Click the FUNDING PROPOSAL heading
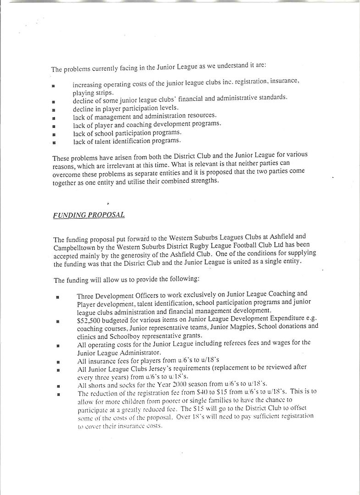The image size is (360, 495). (x=89, y=214)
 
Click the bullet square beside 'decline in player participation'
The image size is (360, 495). (x=54, y=110)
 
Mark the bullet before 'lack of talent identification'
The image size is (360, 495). (x=54, y=142)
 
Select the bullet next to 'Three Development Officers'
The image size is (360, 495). (x=57, y=297)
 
